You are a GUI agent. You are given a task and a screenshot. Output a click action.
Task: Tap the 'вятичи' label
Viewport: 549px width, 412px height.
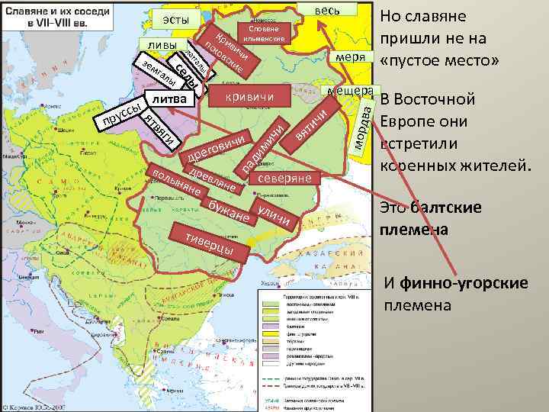click(x=312, y=124)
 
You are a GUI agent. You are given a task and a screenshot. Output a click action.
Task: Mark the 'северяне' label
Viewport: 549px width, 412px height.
click(x=285, y=178)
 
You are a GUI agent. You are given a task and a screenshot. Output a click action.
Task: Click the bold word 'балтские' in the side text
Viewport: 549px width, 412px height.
click(x=448, y=208)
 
